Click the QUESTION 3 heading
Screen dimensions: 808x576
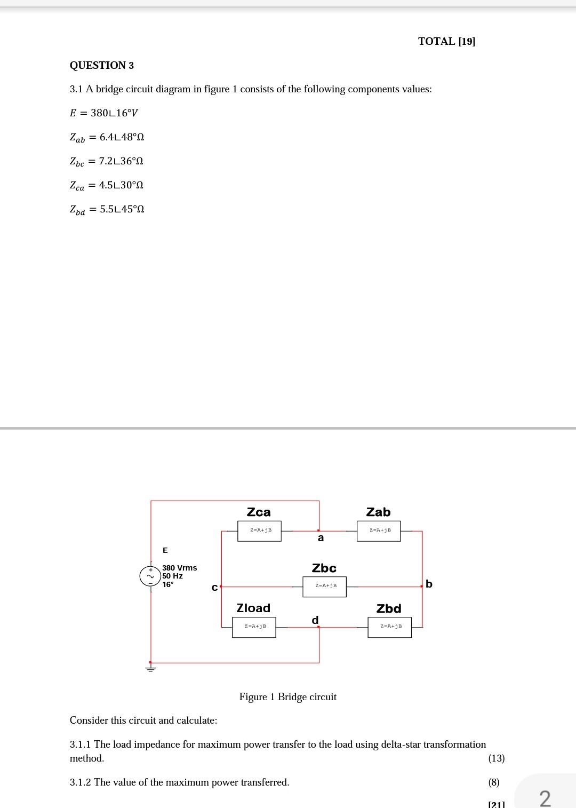coord(102,66)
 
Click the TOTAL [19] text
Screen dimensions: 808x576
coord(446,42)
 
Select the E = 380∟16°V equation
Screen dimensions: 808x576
coord(104,113)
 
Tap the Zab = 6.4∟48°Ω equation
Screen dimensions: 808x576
coord(107,137)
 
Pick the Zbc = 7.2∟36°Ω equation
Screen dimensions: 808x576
coord(106,161)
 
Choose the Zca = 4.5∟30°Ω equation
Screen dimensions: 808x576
coord(106,185)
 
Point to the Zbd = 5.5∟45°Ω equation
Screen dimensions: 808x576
coord(107,209)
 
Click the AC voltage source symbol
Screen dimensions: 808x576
coord(149,576)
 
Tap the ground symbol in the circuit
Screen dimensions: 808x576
coord(151,668)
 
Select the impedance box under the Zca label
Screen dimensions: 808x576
coord(260,530)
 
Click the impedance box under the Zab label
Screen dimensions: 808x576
coord(379,530)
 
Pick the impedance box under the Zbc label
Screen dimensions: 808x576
coord(324,586)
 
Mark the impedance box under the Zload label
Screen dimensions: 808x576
coord(254,627)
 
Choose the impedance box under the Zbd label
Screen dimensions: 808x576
coord(389,627)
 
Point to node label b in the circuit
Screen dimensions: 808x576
coord(429,584)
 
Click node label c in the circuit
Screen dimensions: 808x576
coord(214,588)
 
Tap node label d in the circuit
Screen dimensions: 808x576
coord(315,620)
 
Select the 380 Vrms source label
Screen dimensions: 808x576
coord(179,568)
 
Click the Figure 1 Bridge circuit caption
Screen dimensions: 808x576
coord(288,697)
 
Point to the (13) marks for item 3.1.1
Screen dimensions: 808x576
coord(496,758)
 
